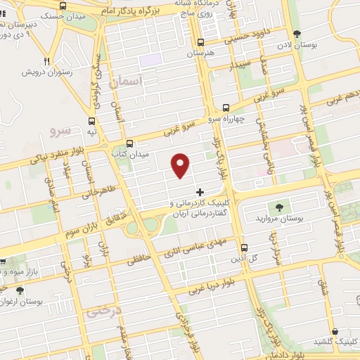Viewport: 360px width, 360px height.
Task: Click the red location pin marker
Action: tap(181, 165)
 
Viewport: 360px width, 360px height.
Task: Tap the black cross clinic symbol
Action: tap(200, 191)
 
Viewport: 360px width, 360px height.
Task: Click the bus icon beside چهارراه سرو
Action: tap(226, 108)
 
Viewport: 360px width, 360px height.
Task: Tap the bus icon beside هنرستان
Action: tap(202, 42)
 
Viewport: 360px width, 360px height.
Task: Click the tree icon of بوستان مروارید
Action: tap(279, 207)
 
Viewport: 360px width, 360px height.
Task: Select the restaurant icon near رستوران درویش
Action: tap(47, 61)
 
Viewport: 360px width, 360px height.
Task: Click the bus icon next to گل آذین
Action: tap(244, 248)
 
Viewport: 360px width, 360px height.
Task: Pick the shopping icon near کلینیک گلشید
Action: tap(335, 331)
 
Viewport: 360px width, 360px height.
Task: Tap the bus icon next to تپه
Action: tap(91, 120)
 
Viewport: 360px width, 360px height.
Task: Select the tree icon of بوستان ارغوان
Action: tap(19, 290)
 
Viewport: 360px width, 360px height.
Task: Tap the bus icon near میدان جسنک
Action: tap(64, 6)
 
